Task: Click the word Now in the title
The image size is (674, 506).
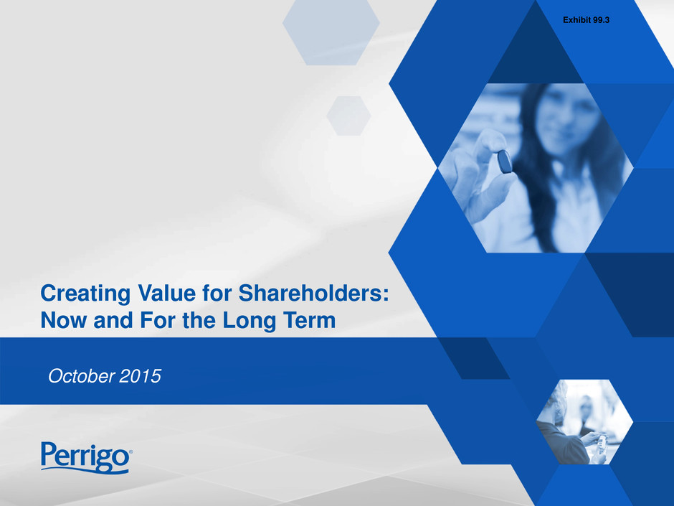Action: click(64, 321)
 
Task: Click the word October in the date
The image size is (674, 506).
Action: click(81, 376)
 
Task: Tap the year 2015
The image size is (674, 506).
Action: click(140, 376)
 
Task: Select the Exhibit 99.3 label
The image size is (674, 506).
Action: click(586, 20)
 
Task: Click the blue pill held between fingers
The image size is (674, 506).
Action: click(505, 161)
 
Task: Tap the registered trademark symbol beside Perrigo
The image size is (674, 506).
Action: click(130, 451)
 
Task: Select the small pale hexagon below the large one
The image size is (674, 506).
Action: click(348, 116)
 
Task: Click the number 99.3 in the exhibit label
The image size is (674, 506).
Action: click(601, 20)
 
